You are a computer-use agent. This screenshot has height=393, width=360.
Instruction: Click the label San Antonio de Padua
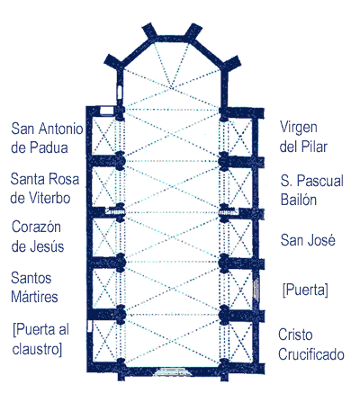coord(47,138)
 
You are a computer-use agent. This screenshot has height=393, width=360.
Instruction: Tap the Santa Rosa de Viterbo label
coord(45,189)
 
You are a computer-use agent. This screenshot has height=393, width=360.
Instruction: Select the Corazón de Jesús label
coord(38,237)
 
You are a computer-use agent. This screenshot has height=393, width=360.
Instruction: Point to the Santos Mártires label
coord(34,288)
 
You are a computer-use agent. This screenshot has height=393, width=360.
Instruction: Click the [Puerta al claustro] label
coord(40,339)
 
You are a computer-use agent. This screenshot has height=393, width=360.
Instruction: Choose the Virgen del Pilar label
coord(303,137)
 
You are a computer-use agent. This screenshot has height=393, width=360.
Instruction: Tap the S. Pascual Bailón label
coord(312,190)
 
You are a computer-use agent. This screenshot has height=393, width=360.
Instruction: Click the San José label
coord(308,240)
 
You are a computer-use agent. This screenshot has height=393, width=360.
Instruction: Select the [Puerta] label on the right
coord(305,290)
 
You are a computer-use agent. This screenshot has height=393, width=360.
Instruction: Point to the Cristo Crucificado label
coord(311,344)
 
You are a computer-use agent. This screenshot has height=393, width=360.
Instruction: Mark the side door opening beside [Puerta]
coord(256,289)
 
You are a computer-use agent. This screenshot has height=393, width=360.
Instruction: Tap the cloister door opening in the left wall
coord(89,326)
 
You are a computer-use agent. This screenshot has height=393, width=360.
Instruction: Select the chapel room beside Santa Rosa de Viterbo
coord(103,186)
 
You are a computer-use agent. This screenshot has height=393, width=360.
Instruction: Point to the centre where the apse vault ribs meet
coord(171,87)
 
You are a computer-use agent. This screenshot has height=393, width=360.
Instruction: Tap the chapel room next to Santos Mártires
coord(103,289)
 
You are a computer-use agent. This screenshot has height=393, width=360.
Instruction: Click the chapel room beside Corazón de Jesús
coord(103,237)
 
